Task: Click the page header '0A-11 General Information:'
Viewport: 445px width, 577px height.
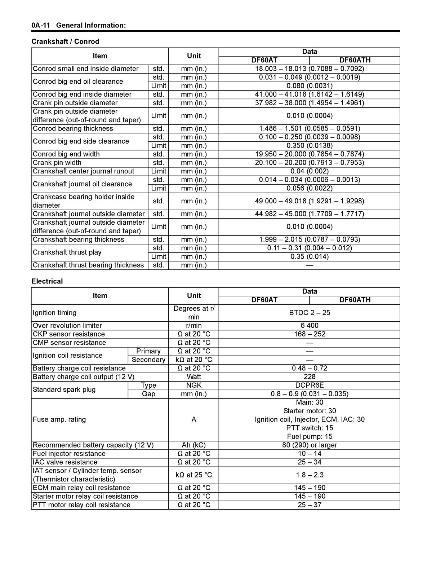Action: pos(79,25)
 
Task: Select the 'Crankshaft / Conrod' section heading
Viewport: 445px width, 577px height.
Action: pos(65,41)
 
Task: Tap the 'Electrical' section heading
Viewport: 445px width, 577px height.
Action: pos(47,281)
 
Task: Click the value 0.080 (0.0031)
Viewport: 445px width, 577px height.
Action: pos(310,86)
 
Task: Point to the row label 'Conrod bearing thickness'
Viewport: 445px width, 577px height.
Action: pos(73,129)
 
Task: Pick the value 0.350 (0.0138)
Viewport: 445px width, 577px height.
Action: pos(310,146)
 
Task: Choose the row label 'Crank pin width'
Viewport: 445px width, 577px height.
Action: pos(57,163)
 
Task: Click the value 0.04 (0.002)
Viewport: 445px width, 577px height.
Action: pos(310,171)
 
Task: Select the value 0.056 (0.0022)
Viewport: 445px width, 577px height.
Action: pos(310,188)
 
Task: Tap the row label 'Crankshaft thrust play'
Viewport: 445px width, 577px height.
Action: pos(67,252)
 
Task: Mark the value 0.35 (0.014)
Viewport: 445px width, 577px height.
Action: pos(310,257)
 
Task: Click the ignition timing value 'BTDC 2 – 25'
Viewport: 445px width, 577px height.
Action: pos(310,313)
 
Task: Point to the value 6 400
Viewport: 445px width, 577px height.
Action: pos(310,326)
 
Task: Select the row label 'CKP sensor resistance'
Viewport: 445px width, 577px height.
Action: pos(69,334)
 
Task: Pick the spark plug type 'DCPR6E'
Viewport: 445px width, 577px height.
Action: pos(310,386)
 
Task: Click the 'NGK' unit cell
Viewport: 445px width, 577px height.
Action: pos(194,386)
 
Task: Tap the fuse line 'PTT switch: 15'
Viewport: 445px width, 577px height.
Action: pos(310,428)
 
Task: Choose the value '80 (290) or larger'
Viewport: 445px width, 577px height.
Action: pos(310,445)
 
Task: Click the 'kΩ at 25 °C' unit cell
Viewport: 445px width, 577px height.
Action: pos(194,475)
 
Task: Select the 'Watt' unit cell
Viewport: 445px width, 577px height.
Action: pos(194,377)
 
